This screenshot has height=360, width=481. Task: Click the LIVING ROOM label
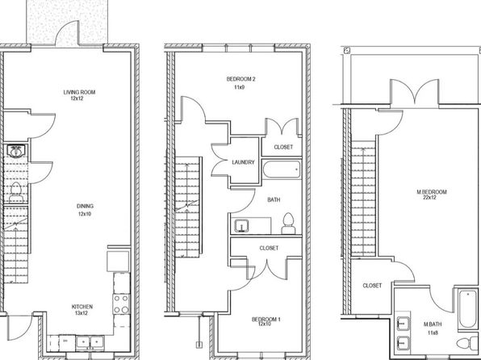tap(79, 92)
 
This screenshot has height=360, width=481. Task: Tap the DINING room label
tap(85, 207)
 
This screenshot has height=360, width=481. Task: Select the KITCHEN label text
tap(82, 307)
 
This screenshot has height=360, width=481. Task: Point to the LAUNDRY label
tap(243, 162)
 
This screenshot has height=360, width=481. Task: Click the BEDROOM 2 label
tap(240, 79)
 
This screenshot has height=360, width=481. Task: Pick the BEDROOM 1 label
tap(266, 320)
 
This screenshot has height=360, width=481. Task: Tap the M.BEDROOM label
tap(432, 192)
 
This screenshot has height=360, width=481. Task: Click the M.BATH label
tap(433, 324)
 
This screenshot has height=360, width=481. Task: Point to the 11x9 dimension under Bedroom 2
tap(239, 87)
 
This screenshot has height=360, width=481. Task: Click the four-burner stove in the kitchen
tap(121, 303)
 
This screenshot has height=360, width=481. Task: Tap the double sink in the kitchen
tap(90, 341)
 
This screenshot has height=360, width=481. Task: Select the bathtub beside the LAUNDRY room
tap(282, 170)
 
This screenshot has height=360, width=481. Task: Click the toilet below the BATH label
tap(288, 224)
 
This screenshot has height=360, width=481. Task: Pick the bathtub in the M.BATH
tap(467, 309)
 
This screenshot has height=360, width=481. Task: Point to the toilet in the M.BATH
tap(467, 343)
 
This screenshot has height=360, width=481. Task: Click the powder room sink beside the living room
tap(15, 151)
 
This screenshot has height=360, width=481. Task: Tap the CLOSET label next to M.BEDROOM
tap(372, 286)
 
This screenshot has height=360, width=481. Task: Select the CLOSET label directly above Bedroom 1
tap(269, 248)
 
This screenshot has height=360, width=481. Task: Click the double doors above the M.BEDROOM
tap(415, 92)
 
